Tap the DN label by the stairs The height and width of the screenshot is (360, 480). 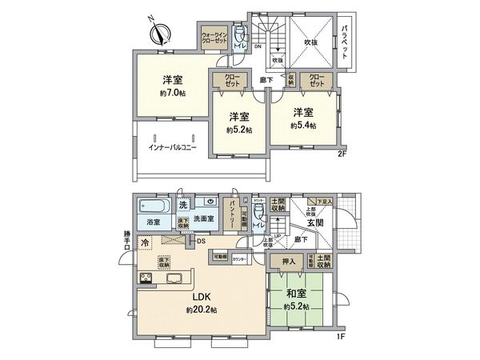click(x=258, y=46)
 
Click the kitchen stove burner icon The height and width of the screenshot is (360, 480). click(x=149, y=278)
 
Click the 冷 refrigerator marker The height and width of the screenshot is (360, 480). click(x=146, y=242)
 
